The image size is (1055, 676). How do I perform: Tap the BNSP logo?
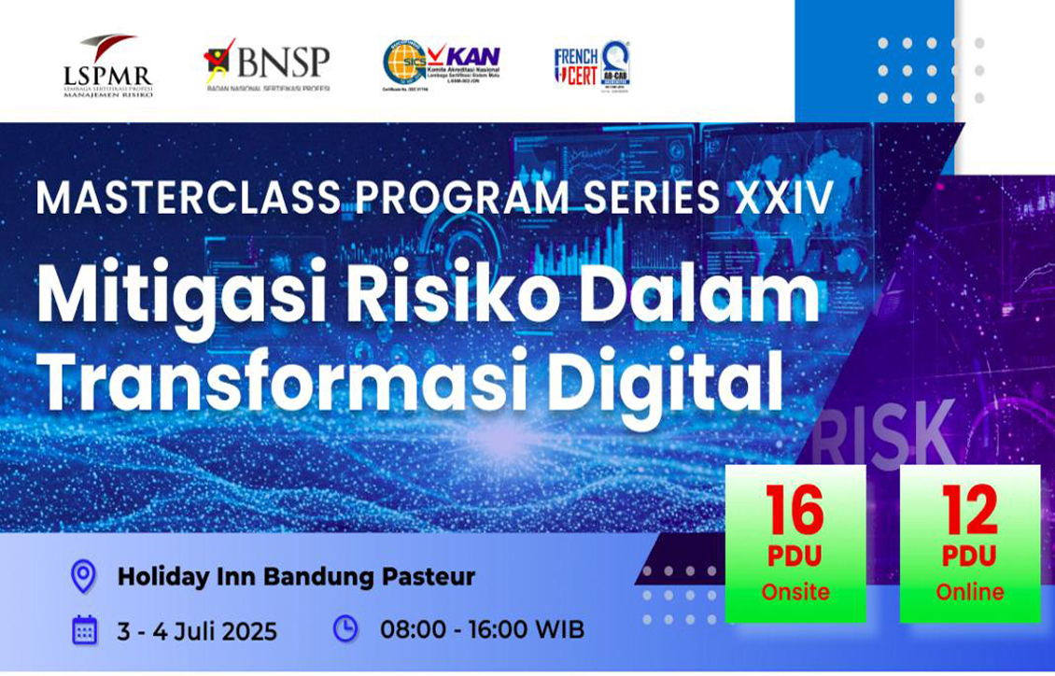(x=267, y=64)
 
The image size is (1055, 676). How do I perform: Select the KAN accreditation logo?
(x=441, y=64)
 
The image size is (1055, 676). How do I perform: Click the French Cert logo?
(x=592, y=64)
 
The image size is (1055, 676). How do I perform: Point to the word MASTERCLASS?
(x=187, y=198)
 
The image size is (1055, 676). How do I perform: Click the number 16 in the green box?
(x=795, y=512)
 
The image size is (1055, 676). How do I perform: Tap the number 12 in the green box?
(x=970, y=512)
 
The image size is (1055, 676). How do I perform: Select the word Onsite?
(x=795, y=592)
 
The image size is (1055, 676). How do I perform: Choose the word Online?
(x=970, y=592)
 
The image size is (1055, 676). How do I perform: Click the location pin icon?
(x=84, y=576)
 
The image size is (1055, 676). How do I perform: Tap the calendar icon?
(x=84, y=630)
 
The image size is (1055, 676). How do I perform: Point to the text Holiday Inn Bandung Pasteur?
(x=296, y=576)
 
